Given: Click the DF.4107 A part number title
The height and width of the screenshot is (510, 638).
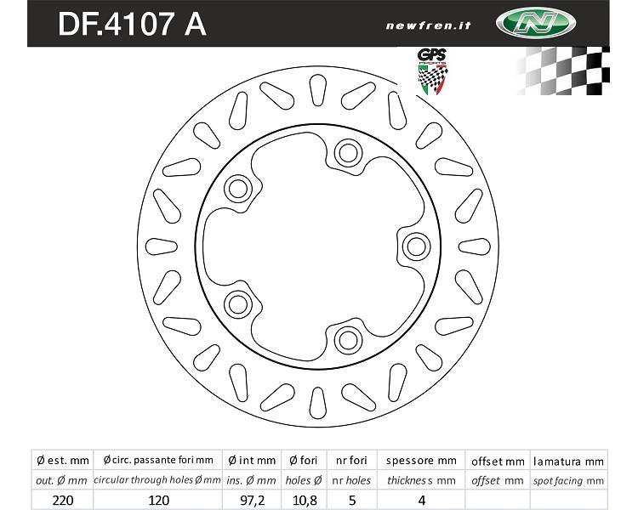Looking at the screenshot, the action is click(x=132, y=25).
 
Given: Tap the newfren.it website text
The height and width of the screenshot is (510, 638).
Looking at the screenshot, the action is click(x=428, y=26).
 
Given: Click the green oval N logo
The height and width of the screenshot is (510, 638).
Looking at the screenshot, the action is click(x=535, y=23).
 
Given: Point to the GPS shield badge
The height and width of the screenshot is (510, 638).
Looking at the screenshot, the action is click(x=433, y=71).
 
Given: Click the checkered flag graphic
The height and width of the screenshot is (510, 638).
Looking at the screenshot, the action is click(x=563, y=71).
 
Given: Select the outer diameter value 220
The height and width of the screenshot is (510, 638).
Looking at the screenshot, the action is click(x=63, y=501).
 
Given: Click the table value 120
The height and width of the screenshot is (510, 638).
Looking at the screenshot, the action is click(x=158, y=501).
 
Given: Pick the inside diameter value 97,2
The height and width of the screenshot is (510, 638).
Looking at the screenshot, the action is click(x=252, y=501).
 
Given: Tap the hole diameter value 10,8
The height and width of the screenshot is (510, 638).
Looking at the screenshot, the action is click(x=305, y=501).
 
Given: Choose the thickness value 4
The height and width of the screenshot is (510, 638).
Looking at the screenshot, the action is click(x=422, y=501).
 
